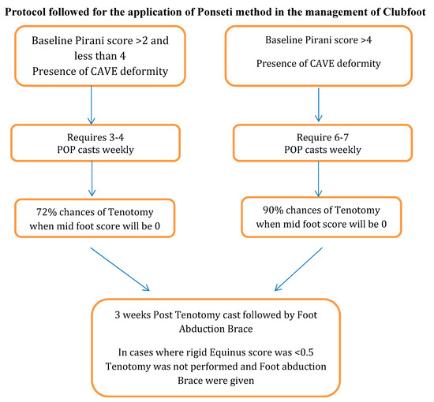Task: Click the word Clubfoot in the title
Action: click(x=404, y=8)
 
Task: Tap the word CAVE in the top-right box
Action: click(x=323, y=62)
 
